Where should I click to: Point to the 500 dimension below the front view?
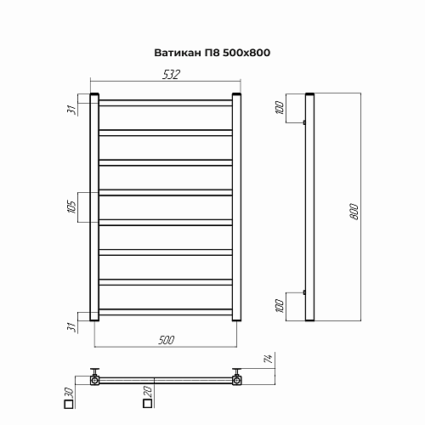tap(167, 340)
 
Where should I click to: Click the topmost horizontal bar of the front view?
tap(166, 102)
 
